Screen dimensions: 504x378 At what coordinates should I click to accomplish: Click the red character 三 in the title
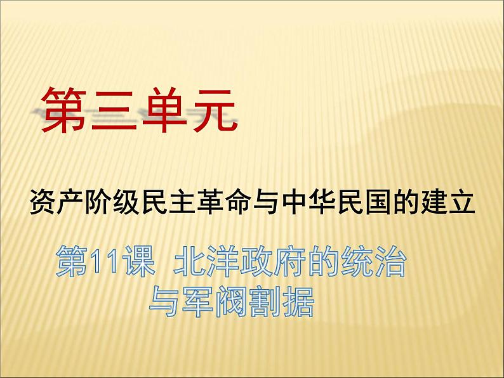(x=112, y=110)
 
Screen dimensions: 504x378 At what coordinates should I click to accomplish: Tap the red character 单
(x=164, y=110)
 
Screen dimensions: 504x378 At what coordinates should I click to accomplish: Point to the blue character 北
(x=190, y=261)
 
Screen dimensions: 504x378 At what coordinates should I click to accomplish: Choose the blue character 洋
(x=223, y=261)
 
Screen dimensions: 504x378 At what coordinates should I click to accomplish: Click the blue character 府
(x=290, y=261)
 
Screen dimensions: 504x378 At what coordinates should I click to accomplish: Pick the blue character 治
(x=390, y=261)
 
